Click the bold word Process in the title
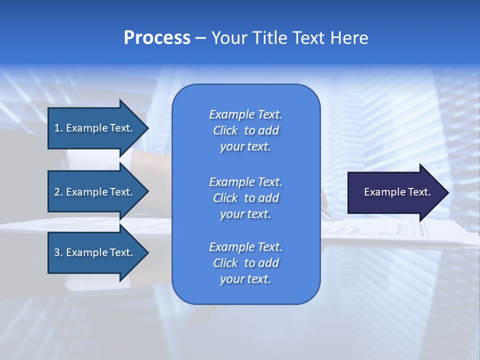[157, 38]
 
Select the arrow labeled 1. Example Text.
[95, 128]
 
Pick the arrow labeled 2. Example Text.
[95, 192]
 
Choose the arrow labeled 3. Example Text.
[95, 252]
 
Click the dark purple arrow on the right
[395, 192]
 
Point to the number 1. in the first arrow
[58, 128]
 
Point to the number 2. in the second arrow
[58, 192]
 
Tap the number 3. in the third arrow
[58, 252]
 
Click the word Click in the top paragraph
[225, 130]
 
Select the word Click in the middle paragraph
[225, 198]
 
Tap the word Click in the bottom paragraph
[225, 263]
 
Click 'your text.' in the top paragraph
[245, 146]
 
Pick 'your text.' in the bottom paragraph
[245, 279]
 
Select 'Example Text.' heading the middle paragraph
[245, 182]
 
